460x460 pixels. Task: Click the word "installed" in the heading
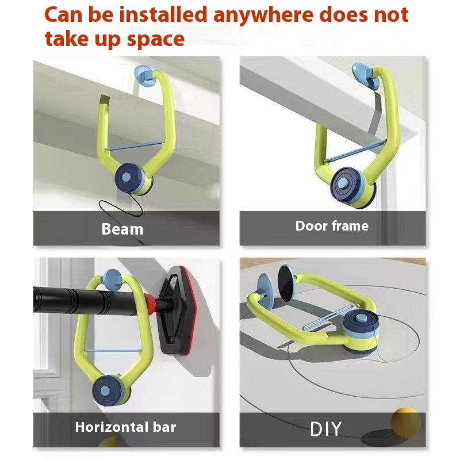tap(163, 15)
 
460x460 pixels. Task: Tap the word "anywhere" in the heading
tap(263, 16)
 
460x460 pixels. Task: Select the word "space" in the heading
tap(155, 40)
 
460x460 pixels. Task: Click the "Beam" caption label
tap(122, 229)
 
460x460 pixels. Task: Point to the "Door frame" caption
tap(332, 226)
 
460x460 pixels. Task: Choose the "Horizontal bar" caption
tap(125, 427)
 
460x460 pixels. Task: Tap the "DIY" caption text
tap(325, 429)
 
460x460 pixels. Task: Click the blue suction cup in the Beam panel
tap(143, 76)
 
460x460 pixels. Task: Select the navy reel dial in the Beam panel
tap(128, 177)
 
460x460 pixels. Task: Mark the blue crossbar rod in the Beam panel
tap(135, 145)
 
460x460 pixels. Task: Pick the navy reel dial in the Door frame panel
tap(343, 183)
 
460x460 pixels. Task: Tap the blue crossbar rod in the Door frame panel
tap(355, 152)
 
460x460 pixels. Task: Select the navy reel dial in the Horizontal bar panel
tap(107, 390)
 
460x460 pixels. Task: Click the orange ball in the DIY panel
tap(405, 422)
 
